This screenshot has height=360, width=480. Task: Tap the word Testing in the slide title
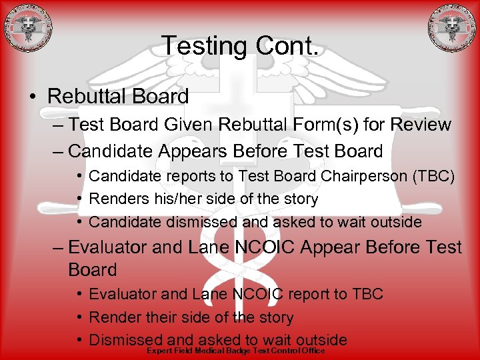point(203,46)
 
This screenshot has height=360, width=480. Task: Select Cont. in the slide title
point(287,46)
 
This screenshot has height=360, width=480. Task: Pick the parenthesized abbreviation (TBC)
point(433,177)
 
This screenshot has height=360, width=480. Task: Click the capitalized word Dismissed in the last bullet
point(126,340)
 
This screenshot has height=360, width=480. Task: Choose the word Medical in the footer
point(209,351)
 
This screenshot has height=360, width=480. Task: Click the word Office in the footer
point(311,351)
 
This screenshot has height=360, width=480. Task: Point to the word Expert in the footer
point(159,351)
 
